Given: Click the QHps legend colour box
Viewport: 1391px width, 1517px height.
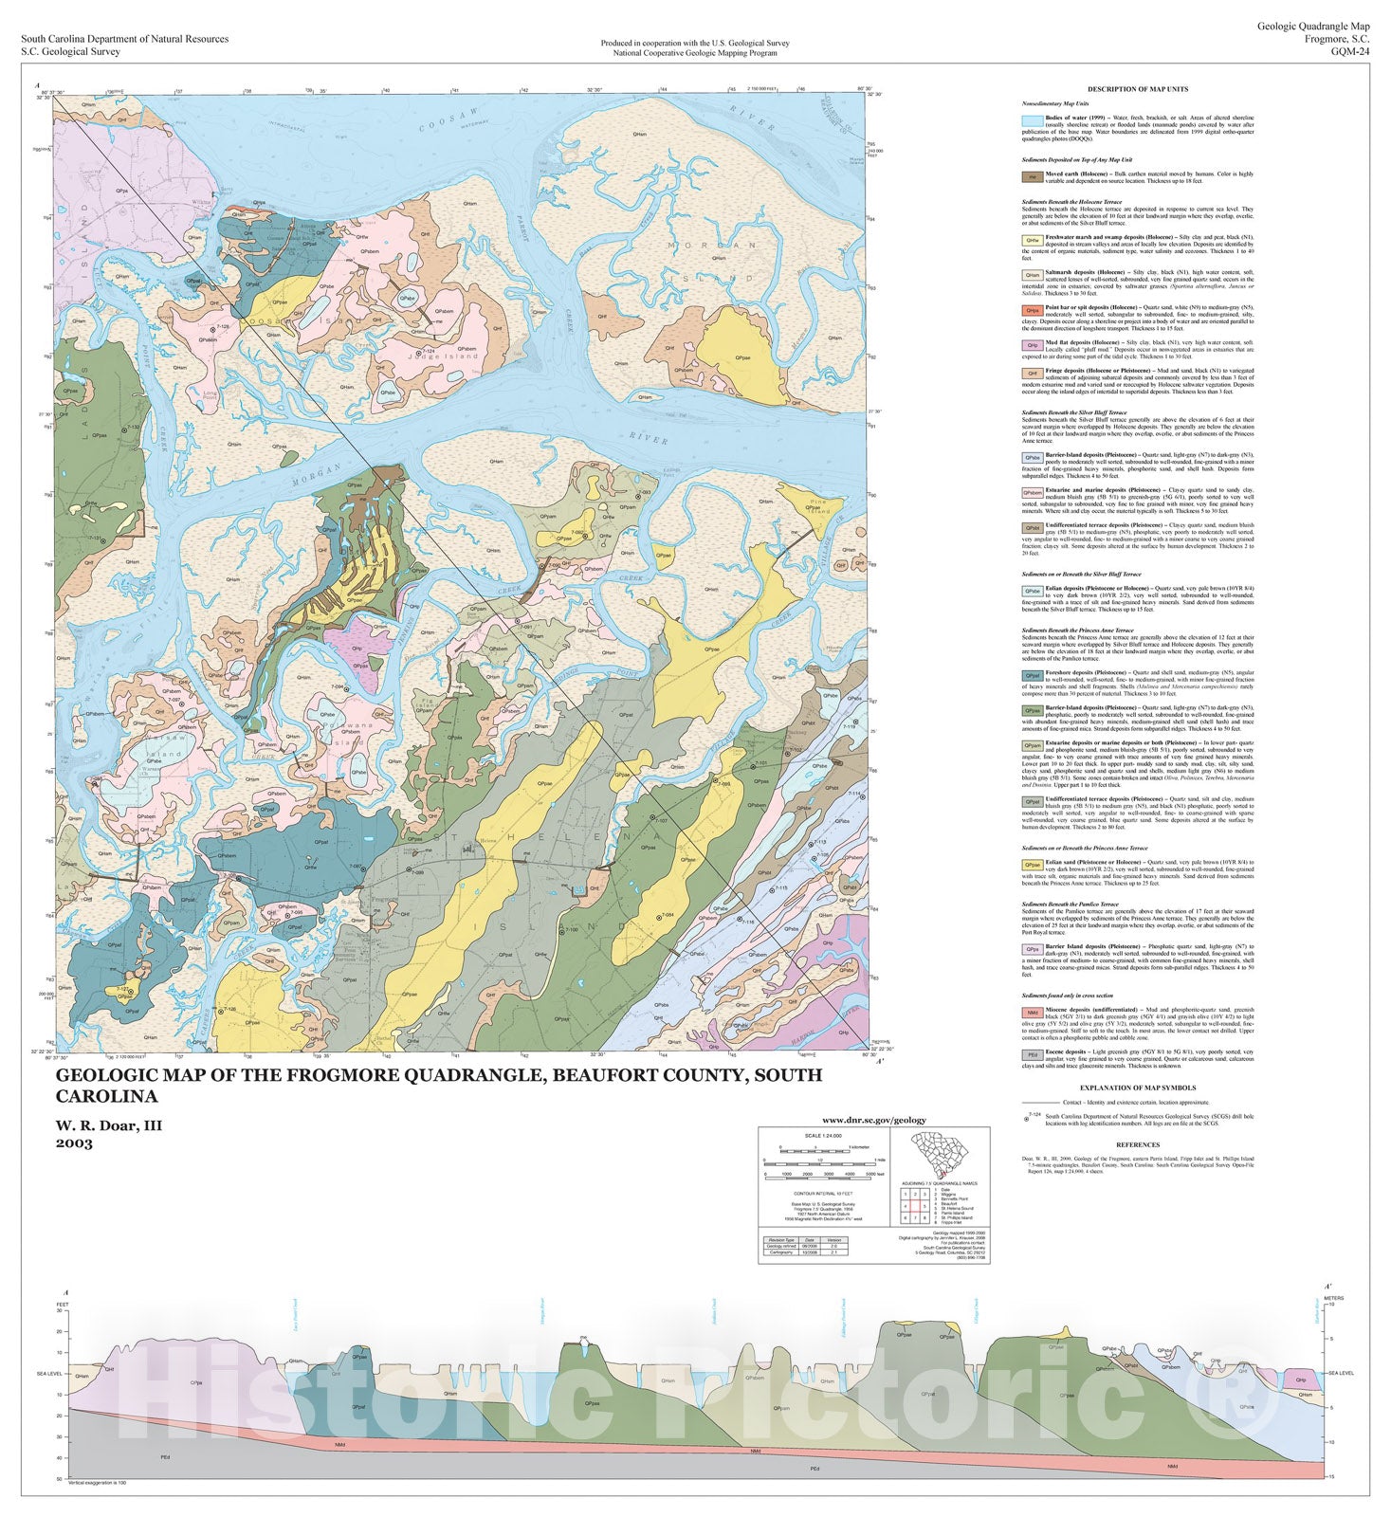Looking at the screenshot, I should pyautogui.click(x=1032, y=311).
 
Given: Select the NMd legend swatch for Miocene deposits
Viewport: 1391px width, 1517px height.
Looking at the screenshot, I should pyautogui.click(x=1032, y=1012).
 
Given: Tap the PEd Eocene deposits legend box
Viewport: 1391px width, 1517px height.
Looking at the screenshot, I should pyautogui.click(x=1032, y=1054).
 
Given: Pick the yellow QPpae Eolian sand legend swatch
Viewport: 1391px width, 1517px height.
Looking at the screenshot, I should pyautogui.click(x=1032, y=865).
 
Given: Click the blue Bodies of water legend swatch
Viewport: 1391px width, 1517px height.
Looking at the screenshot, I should pyautogui.click(x=1032, y=121).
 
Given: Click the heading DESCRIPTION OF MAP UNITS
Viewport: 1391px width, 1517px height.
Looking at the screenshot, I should pyautogui.click(x=1137, y=89).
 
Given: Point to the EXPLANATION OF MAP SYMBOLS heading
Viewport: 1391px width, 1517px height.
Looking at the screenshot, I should pyautogui.click(x=1137, y=1088).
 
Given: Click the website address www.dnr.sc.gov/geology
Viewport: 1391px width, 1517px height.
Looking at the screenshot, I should pyautogui.click(x=873, y=1120).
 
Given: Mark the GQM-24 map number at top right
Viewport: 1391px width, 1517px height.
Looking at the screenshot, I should pyautogui.click(x=1349, y=52).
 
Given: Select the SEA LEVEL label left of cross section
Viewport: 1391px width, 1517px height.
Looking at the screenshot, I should pyautogui.click(x=49, y=1373).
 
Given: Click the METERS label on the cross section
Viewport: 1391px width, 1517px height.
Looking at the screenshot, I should pyautogui.click(x=1333, y=1298).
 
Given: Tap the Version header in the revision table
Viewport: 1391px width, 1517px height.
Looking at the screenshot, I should pyautogui.click(x=833, y=1239).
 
